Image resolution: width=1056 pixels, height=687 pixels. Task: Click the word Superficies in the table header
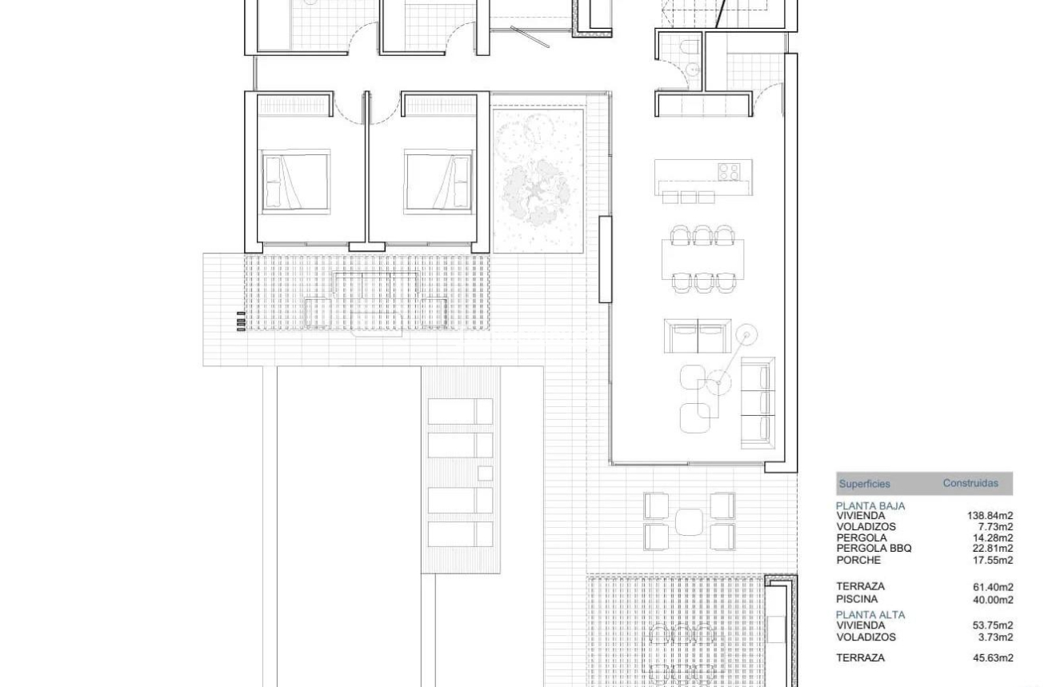864,484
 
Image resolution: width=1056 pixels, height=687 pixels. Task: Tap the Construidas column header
970,483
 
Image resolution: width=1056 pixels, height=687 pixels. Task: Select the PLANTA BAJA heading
870,506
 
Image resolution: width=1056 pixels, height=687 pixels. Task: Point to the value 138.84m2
990,517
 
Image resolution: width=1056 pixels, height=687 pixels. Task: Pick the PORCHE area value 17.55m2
993,561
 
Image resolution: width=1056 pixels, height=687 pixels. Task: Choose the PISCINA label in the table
857,599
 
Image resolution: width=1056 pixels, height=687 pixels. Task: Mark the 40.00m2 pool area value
993,600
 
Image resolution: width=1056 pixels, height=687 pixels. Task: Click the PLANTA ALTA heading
870,615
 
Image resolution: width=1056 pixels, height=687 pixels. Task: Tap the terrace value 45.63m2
993,658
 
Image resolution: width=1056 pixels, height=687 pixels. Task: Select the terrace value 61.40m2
993,587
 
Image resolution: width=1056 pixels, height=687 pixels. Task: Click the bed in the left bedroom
295,181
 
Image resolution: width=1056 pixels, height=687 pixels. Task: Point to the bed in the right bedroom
438,181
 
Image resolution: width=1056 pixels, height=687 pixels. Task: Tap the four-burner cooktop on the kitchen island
728,171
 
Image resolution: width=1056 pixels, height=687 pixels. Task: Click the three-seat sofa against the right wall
758,402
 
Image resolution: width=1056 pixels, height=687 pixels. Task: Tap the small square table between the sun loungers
484,473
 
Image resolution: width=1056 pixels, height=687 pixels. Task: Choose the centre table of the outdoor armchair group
689,522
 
